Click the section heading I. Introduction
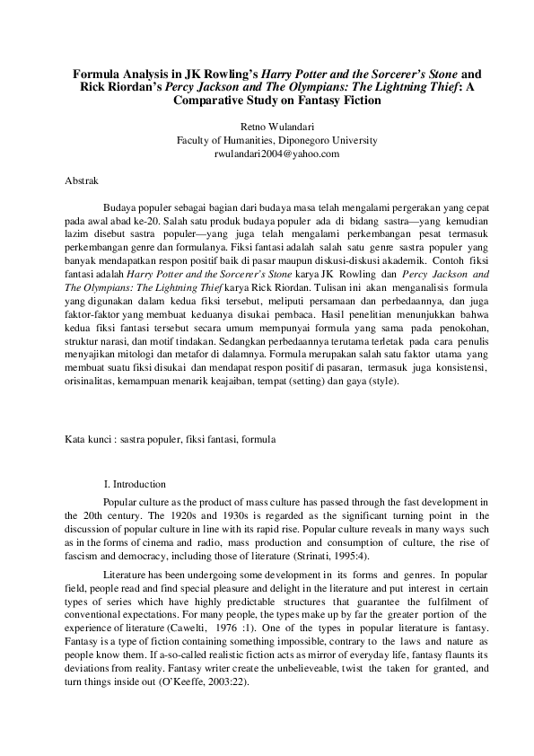(x=135, y=484)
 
